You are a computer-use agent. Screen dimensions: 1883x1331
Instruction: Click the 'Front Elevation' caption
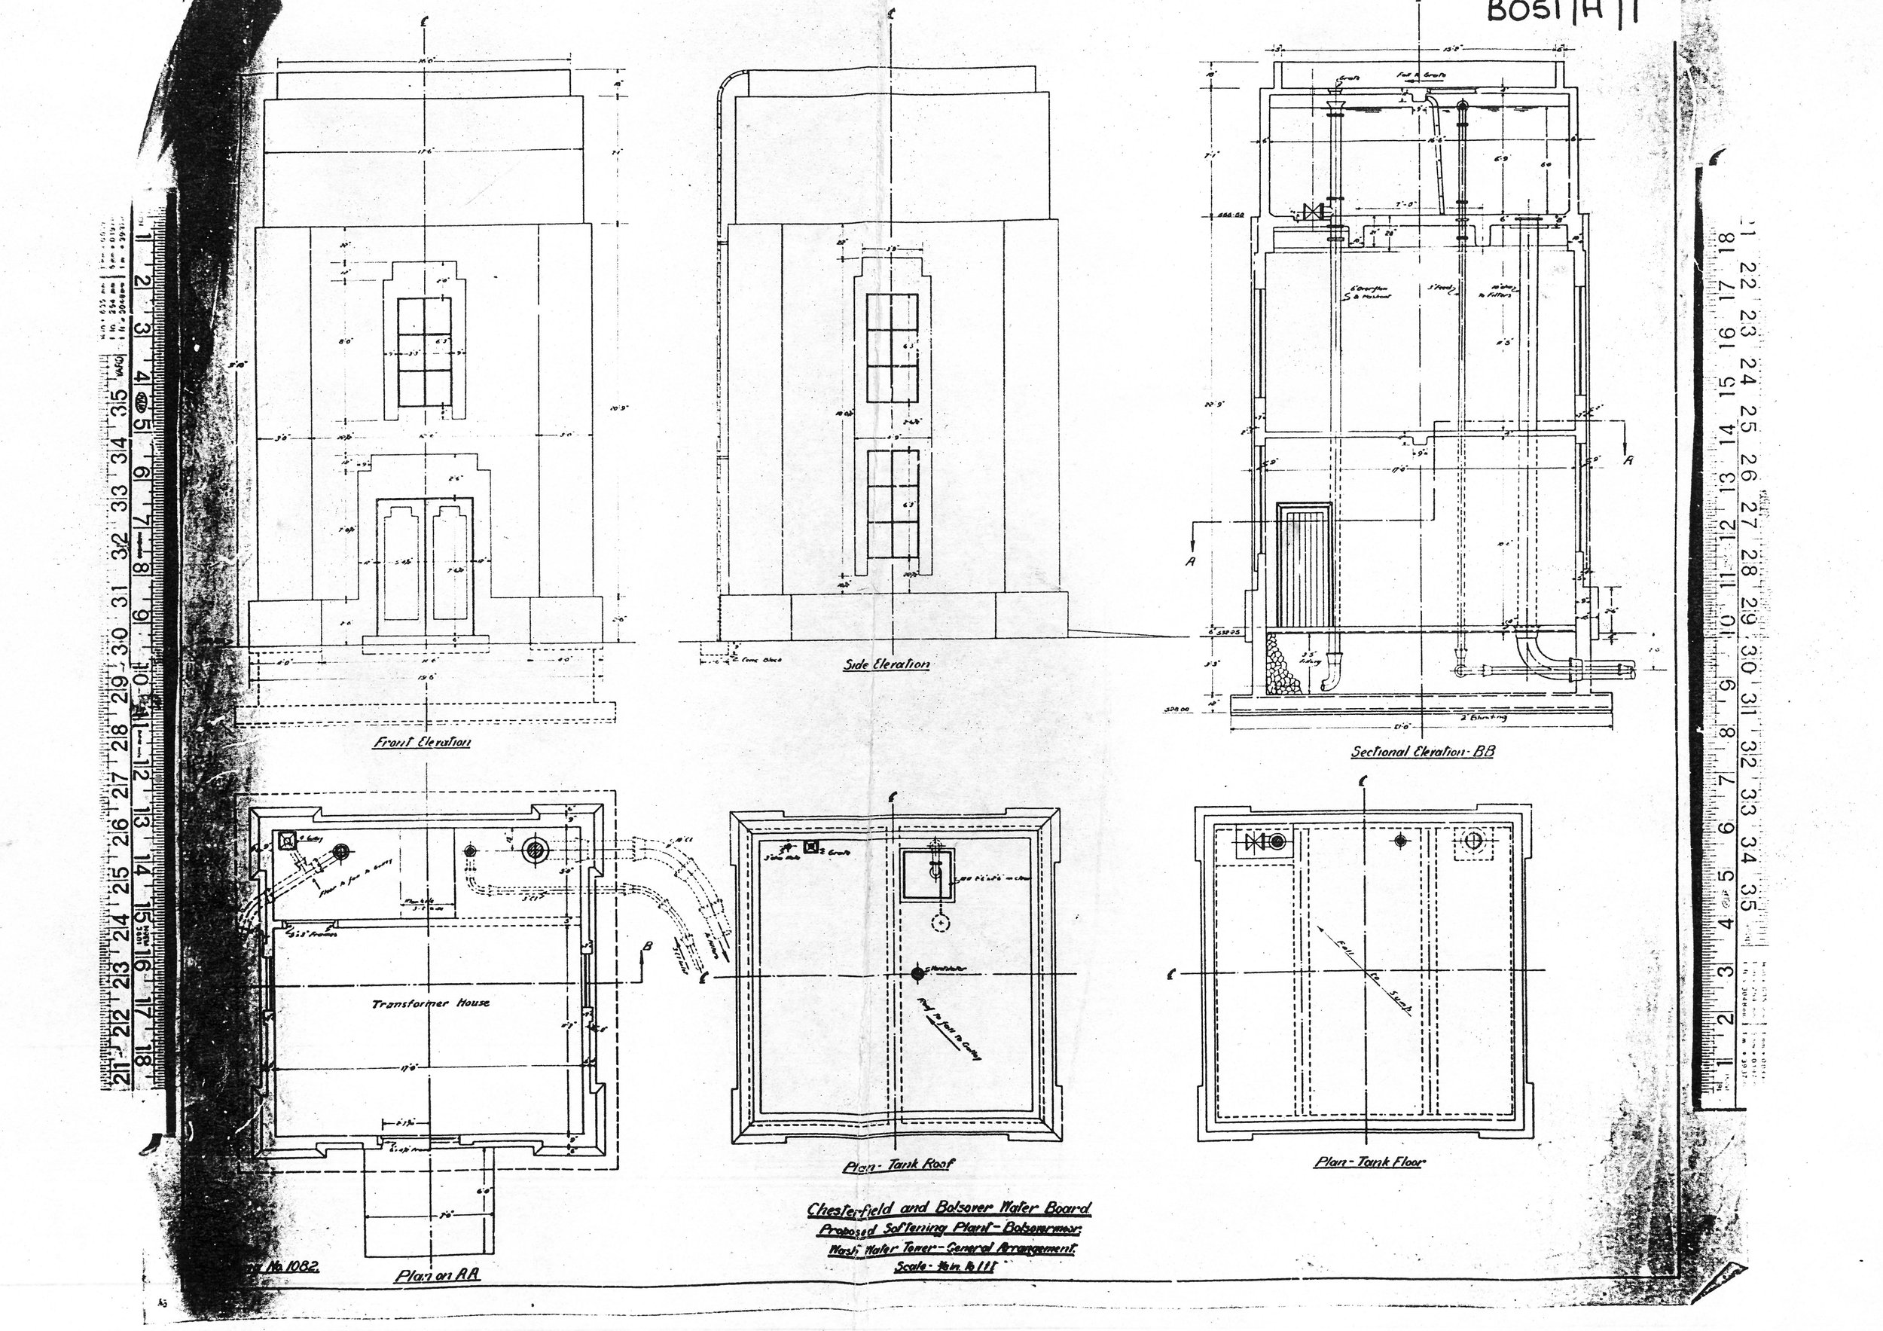point(423,742)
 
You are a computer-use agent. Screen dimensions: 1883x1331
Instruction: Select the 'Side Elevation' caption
point(887,664)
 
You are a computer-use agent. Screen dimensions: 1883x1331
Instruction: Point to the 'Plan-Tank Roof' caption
point(897,1165)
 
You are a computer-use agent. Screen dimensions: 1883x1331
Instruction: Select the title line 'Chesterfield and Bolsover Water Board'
point(949,1208)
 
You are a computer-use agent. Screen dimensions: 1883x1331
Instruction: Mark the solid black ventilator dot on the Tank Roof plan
point(917,973)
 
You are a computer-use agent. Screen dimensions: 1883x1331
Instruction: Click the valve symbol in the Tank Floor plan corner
point(1256,842)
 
